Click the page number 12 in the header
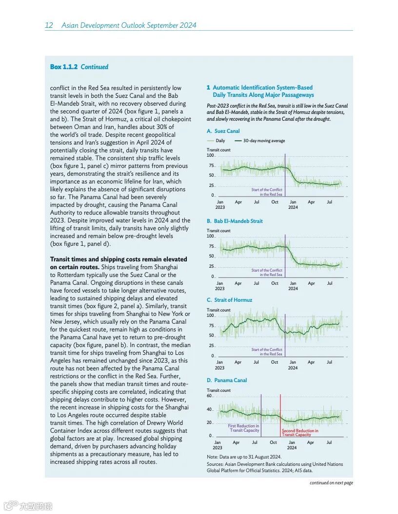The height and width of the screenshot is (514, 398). click(49, 25)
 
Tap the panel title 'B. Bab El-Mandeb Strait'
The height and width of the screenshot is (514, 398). click(235, 221)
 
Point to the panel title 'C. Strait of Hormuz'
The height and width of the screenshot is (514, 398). click(229, 300)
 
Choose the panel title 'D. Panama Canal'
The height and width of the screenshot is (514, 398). click(227, 380)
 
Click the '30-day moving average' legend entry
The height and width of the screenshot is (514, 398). click(264, 141)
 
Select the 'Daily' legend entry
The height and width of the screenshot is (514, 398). click(220, 141)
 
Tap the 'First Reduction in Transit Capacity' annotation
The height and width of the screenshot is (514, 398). click(244, 428)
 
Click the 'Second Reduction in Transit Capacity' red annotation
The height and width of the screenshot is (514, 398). click(299, 432)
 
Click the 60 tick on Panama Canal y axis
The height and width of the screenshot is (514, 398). click(209, 396)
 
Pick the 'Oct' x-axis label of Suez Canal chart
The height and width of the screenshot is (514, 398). click(275, 202)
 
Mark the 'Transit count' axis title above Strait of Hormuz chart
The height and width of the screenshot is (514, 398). click(219, 310)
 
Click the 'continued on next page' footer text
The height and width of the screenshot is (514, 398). click(331, 483)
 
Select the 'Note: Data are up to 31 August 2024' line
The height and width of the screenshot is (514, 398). click(244, 457)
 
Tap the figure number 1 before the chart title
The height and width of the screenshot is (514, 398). click(208, 88)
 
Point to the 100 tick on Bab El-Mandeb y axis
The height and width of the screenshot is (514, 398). click(210, 236)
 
